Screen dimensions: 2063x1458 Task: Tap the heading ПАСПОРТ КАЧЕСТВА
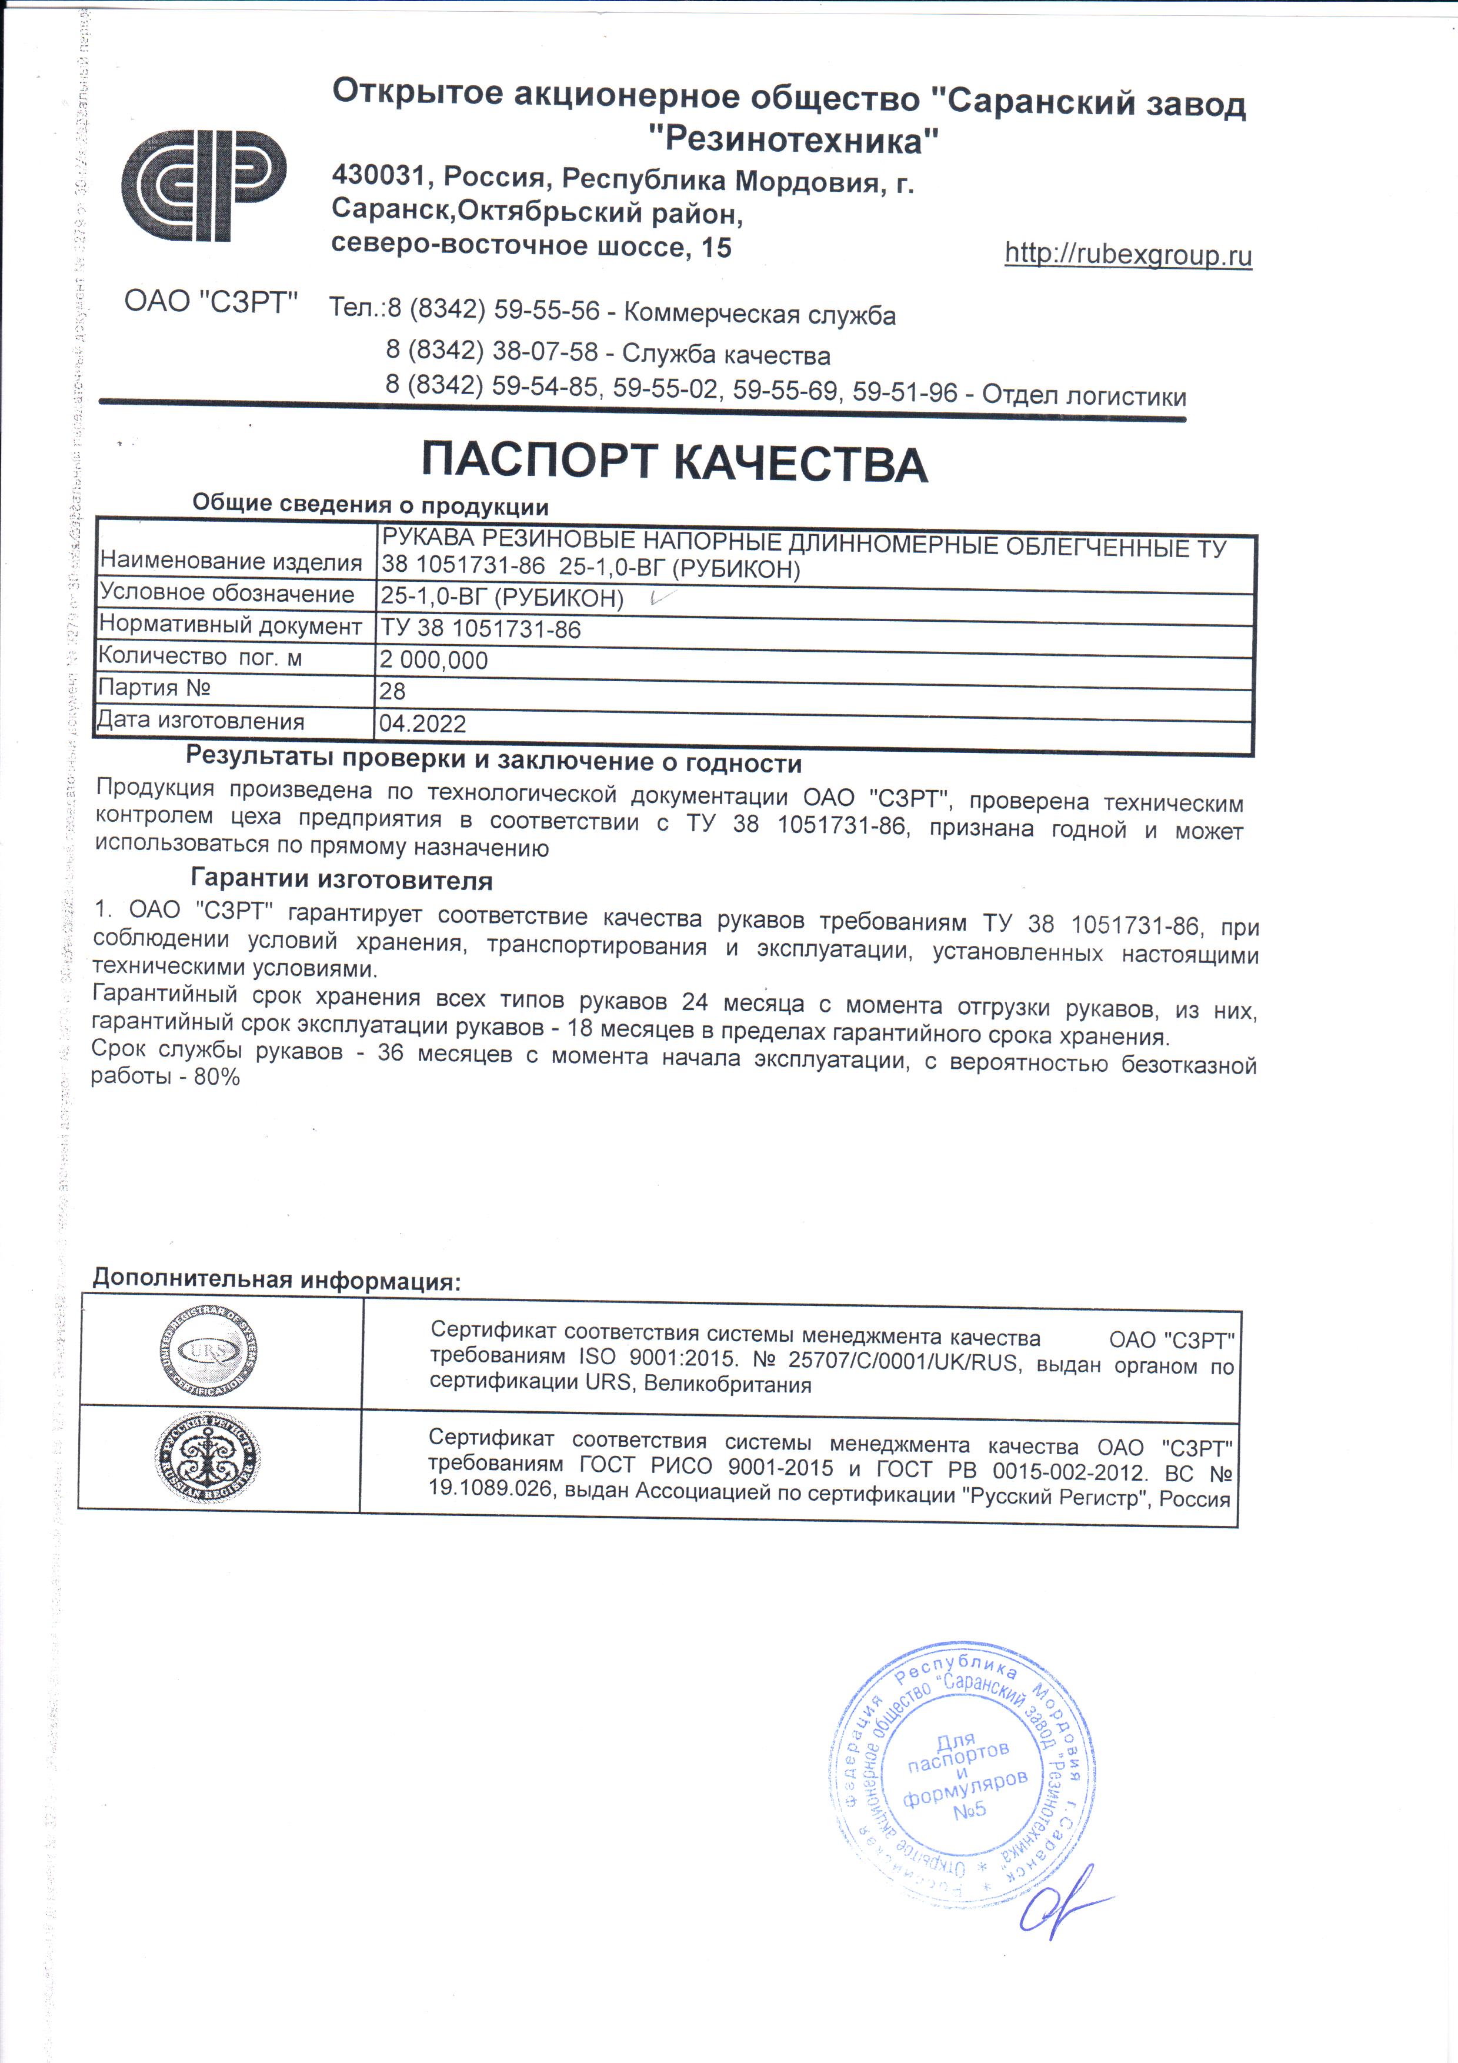click(x=674, y=464)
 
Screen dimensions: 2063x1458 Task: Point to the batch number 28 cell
click(x=392, y=691)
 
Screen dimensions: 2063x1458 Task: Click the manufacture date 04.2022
click(x=422, y=724)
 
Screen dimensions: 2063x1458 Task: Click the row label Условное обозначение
click(x=226, y=594)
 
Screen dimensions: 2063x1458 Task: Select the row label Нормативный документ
click(x=230, y=625)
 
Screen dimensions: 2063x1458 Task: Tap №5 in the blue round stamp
click(x=969, y=1809)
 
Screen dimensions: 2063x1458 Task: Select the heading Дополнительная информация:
click(x=276, y=1279)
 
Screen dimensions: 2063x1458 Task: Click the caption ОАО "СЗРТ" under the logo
click(x=210, y=302)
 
